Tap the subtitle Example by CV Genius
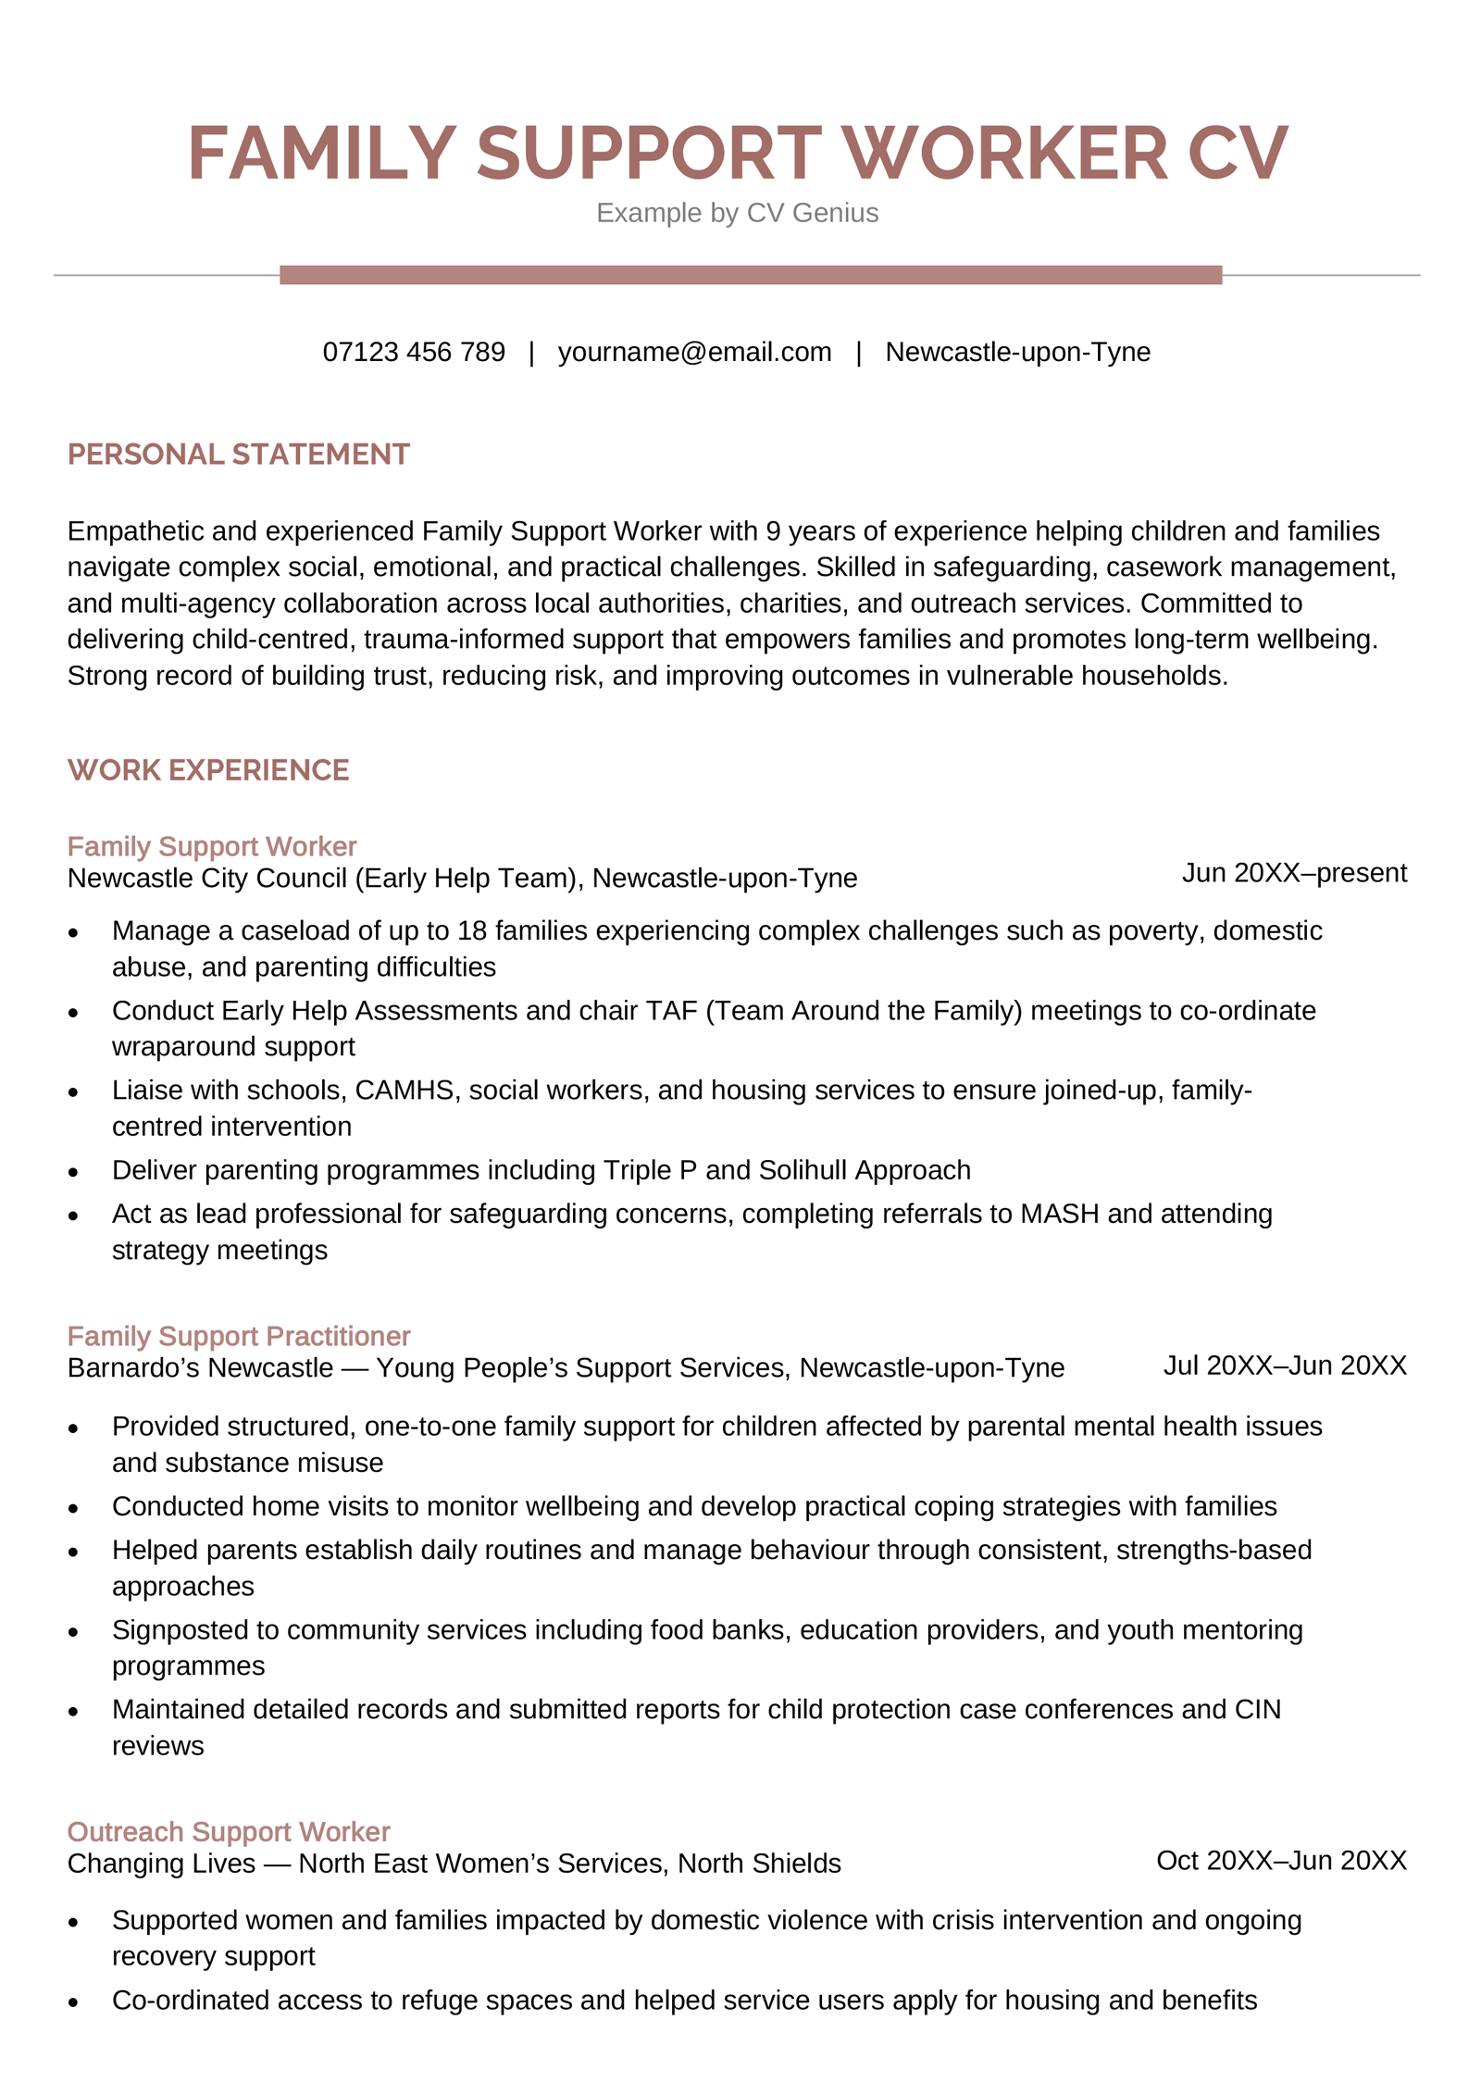[737, 213]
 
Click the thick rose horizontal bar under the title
[750, 275]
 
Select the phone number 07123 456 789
[414, 352]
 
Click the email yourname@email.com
[694, 352]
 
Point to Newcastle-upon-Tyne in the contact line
[1017, 352]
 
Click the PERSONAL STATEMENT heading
[238, 455]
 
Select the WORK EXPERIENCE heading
[208, 770]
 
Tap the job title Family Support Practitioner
[239, 1336]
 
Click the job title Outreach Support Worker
[229, 1831]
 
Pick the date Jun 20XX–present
[1293, 873]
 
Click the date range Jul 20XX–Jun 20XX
[1284, 1365]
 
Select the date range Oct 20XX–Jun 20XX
[1281, 1860]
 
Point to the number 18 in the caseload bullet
[472, 930]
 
